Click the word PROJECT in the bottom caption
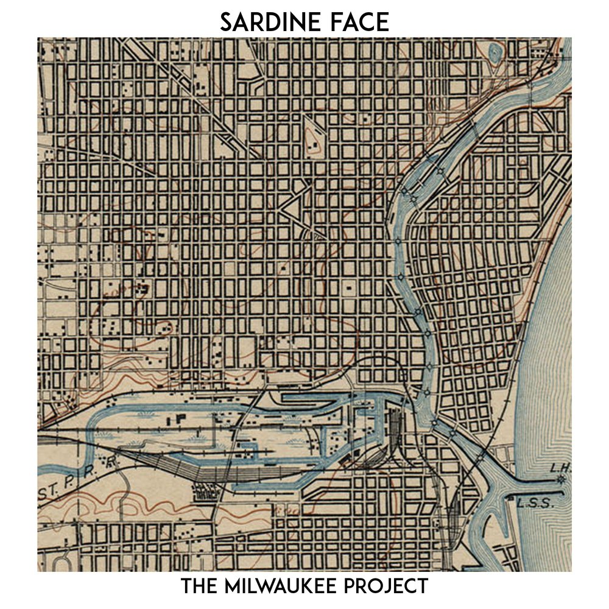point(389,587)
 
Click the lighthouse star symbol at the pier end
point(561,480)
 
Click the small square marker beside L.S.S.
point(510,498)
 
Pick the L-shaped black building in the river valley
point(181,420)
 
